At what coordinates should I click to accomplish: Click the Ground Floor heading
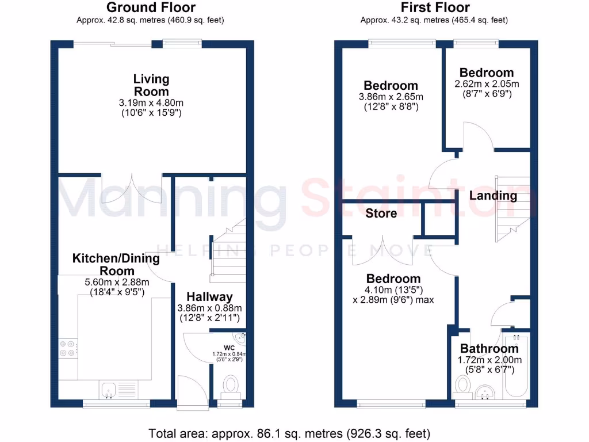(x=151, y=7)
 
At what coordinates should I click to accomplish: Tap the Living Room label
(x=151, y=85)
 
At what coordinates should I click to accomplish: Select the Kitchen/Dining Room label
(x=116, y=264)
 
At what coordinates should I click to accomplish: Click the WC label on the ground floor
(x=229, y=347)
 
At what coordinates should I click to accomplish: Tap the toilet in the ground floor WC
(x=231, y=384)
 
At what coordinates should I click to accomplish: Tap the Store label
(x=381, y=214)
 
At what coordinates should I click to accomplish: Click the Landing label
(x=493, y=196)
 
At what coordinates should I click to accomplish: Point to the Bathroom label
(x=489, y=348)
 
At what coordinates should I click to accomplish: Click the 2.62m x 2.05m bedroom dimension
(x=487, y=83)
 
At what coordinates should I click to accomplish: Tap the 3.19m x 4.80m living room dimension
(x=151, y=102)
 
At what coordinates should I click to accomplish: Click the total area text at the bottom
(x=289, y=433)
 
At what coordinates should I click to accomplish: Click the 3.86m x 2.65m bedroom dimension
(x=391, y=97)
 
